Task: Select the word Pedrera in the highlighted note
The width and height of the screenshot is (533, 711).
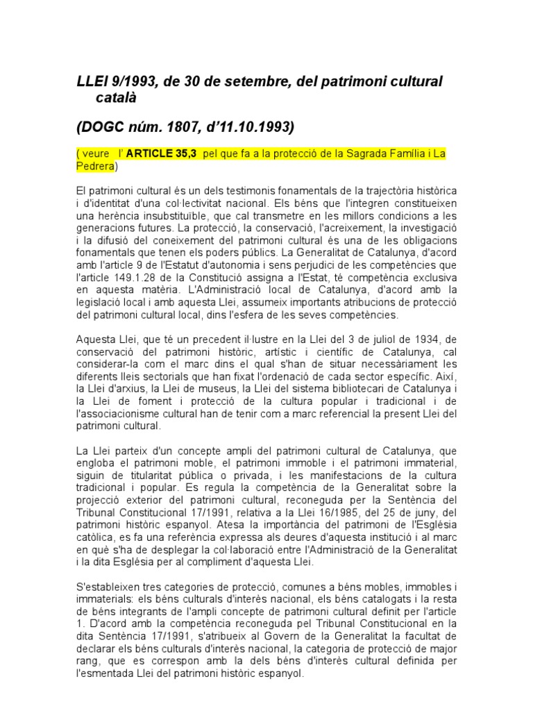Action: pos(95,166)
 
